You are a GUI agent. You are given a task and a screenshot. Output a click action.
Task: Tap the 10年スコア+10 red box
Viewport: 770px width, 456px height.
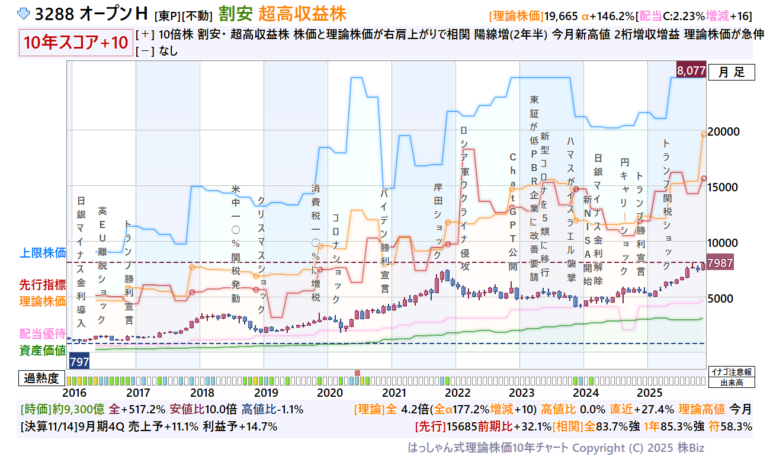[x=76, y=43]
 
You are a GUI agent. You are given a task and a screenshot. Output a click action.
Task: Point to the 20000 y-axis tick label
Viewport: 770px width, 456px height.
[x=727, y=131]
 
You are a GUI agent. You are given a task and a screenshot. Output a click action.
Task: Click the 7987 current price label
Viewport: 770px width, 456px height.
[x=721, y=263]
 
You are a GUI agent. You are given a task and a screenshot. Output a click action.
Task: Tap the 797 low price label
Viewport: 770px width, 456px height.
[x=79, y=360]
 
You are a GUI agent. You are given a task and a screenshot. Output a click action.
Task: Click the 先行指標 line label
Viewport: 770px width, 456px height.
[x=43, y=285]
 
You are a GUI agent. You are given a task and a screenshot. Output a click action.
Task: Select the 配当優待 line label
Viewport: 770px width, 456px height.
[x=43, y=333]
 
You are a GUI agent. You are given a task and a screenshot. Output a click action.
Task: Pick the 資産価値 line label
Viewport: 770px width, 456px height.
[x=43, y=350]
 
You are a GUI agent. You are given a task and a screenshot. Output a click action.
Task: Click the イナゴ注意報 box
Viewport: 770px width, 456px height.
[x=732, y=372]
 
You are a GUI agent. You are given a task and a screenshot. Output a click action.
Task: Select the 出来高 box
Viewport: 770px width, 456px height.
[x=732, y=383]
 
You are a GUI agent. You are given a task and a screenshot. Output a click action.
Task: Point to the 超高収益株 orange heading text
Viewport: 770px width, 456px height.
[x=302, y=14]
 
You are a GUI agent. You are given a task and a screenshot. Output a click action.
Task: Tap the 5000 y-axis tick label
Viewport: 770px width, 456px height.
[x=724, y=298]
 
